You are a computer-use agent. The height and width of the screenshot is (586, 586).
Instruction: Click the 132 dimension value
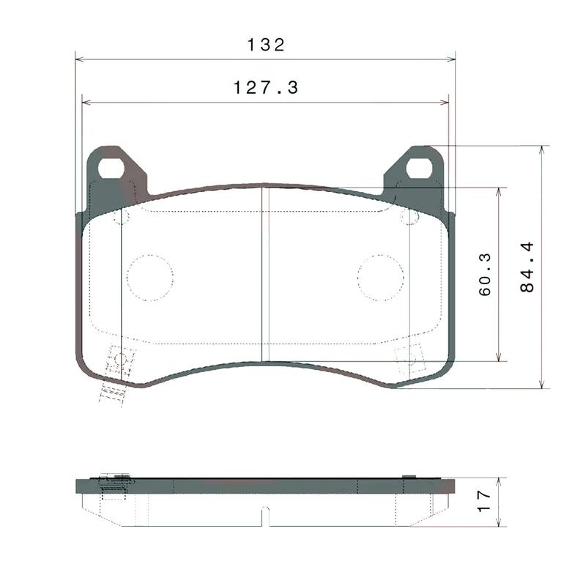click(x=265, y=45)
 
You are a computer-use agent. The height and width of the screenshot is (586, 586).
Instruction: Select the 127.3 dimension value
click(x=265, y=88)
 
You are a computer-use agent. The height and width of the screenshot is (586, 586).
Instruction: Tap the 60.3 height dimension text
click(x=485, y=275)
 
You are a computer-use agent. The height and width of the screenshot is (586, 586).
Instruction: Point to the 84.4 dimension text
click(x=527, y=267)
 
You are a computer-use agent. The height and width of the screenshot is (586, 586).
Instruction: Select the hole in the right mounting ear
click(x=419, y=168)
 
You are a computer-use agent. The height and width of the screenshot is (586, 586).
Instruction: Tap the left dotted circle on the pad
click(x=150, y=278)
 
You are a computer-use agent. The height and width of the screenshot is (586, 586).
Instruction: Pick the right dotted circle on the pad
click(x=381, y=278)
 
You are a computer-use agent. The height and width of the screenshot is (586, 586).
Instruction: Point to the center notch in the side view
click(x=266, y=517)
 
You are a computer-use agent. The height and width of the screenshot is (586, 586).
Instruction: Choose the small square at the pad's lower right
click(x=407, y=355)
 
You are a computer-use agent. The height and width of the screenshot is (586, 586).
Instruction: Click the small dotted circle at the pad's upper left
click(x=122, y=218)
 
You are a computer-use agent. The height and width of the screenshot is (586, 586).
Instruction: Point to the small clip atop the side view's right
click(x=409, y=477)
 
